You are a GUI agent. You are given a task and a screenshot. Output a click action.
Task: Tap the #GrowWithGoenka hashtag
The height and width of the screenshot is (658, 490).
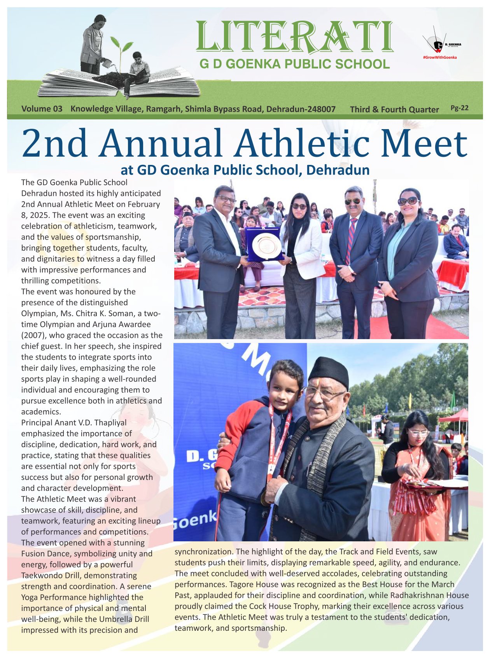coord(439,58)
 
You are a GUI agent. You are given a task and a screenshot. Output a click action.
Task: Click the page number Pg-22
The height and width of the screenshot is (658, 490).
coord(459,108)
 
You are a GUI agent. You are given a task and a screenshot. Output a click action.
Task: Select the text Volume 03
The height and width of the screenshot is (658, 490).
coord(42,109)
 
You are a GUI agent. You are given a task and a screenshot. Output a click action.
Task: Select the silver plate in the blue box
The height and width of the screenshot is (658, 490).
coord(266,245)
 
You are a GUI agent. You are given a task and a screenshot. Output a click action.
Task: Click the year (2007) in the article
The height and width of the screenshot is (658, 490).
coord(34,335)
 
